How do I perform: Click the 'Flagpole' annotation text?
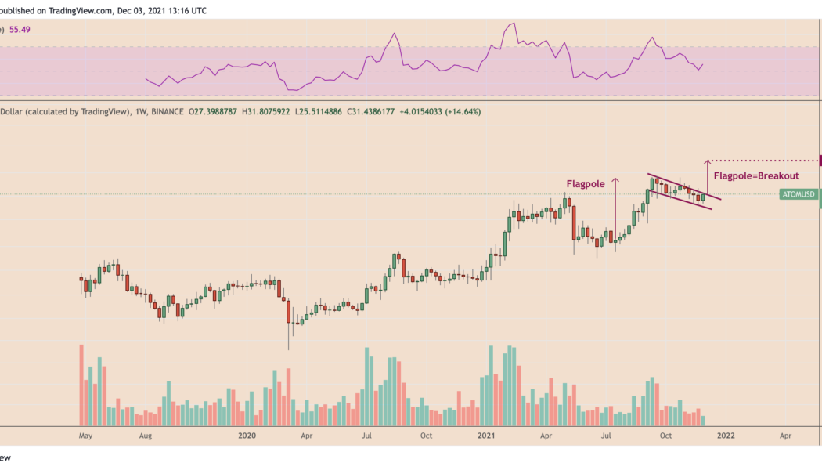tap(586, 184)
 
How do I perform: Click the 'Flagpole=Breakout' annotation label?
tap(756, 176)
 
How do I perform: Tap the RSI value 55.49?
tap(19, 29)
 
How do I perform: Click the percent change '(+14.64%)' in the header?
tap(461, 112)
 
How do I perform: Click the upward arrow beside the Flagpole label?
tap(615, 208)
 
